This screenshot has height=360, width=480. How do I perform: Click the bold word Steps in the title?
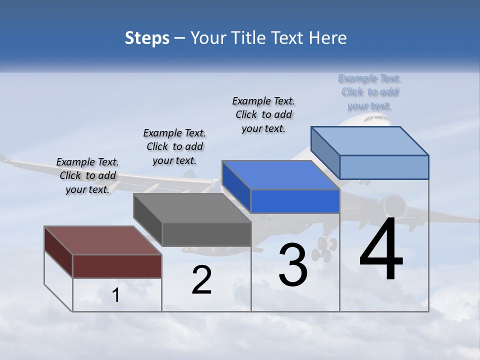pyautogui.click(x=147, y=38)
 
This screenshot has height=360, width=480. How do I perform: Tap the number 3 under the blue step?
pyautogui.click(x=293, y=264)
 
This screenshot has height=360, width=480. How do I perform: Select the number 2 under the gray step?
pyautogui.click(x=202, y=280)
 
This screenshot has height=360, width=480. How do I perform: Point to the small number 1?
pyautogui.click(x=116, y=295)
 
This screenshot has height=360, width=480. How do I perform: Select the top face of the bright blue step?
pyautogui.click(x=280, y=175)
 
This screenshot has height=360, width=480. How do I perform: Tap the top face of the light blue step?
pyautogui.click(x=370, y=141)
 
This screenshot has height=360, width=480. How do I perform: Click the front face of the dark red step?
pyautogui.click(x=117, y=266)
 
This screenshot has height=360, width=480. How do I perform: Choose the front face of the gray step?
pyautogui.click(x=206, y=234)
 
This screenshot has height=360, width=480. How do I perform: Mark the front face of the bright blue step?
pyautogui.click(x=295, y=201)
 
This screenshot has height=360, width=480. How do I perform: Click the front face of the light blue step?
pyautogui.click(x=384, y=167)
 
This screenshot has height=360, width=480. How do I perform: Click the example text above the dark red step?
pyautogui.click(x=87, y=175)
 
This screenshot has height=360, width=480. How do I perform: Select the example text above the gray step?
pyautogui.click(x=174, y=146)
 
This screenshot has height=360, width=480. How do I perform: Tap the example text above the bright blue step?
pyautogui.click(x=263, y=114)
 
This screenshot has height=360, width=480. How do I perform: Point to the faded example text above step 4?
pyautogui.click(x=369, y=92)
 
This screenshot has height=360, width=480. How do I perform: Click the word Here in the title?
pyautogui.click(x=329, y=38)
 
